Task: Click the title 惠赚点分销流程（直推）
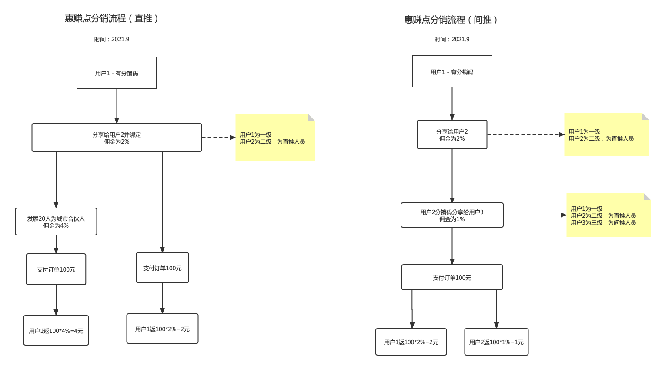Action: pos(112,18)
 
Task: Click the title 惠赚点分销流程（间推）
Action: pos(451,20)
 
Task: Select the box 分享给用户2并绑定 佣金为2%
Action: pos(117,138)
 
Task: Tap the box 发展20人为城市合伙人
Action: pos(56,222)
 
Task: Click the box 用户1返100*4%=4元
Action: pos(56,330)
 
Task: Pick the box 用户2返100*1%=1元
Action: pos(496,342)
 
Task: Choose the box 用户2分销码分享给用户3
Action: pos(452,215)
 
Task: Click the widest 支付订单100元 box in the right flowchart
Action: pos(452,277)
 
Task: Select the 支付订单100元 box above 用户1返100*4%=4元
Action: pos(56,269)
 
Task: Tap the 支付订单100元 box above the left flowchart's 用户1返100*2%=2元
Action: pos(162,268)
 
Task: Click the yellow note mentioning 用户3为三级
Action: pos(608,215)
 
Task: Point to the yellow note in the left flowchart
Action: pos(275,138)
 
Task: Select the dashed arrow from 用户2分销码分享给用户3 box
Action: pos(535,215)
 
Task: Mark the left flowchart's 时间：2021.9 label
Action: pos(112,39)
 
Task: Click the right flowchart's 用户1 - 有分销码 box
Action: pos(452,71)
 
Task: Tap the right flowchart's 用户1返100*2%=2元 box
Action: pos(411,342)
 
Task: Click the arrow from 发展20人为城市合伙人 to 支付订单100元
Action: pos(56,244)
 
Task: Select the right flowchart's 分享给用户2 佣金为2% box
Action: pos(452,134)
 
